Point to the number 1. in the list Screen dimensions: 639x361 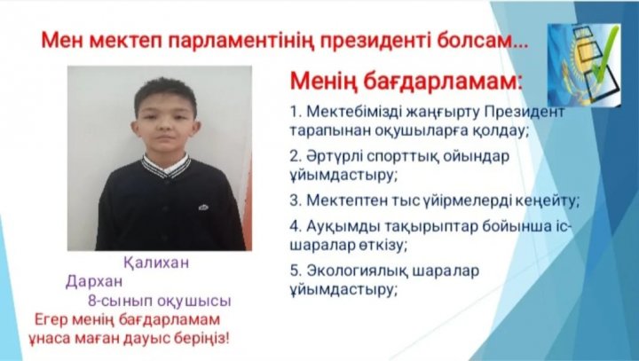coord(296,111)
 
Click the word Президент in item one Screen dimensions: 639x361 coord(525,111)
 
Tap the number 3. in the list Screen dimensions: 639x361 coord(296,200)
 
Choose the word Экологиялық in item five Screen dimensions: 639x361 coord(358,271)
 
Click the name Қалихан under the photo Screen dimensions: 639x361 coord(156,263)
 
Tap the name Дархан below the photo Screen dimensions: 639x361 coord(94,281)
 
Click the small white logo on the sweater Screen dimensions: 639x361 coord(203,208)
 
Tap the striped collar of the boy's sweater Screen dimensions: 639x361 coord(166,166)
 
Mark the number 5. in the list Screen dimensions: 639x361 coord(296,271)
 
